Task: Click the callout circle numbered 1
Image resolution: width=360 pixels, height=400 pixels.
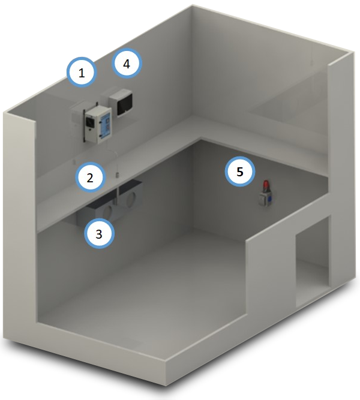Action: coord(82,73)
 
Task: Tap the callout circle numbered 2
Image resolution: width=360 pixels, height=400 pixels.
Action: coord(90,177)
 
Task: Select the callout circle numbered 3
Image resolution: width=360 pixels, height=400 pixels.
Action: coord(99,233)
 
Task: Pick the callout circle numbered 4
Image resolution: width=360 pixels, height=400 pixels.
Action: coord(127,64)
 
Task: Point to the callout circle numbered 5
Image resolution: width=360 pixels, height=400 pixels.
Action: coord(240,172)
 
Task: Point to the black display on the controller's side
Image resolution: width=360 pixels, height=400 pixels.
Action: coord(90,121)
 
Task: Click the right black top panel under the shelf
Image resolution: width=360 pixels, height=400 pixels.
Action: coord(130,185)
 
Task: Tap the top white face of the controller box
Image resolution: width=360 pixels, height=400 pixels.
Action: coord(98,110)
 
